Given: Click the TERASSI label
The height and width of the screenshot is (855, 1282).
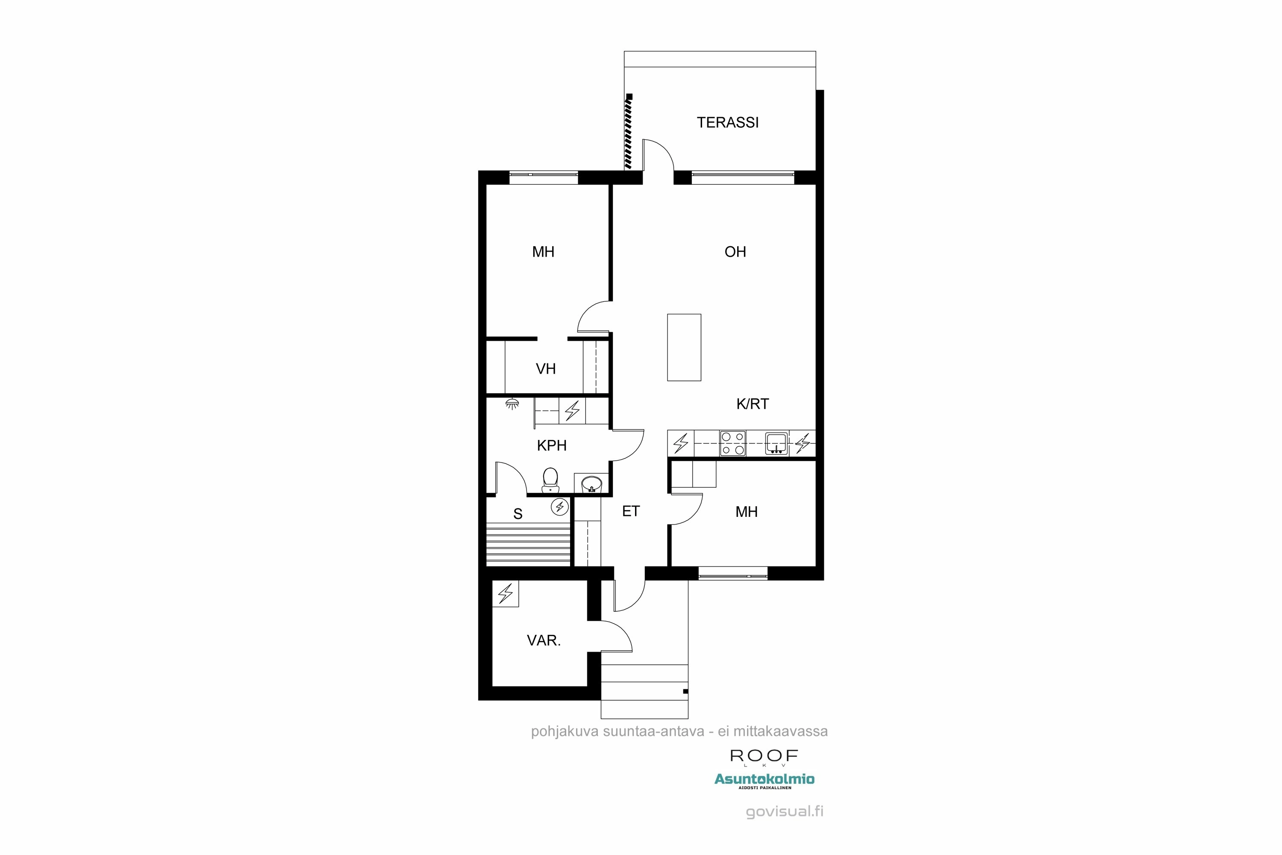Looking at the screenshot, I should click(728, 123).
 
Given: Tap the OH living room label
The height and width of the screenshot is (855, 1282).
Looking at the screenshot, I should click(735, 252).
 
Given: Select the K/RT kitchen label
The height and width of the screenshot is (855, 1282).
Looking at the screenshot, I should click(752, 404).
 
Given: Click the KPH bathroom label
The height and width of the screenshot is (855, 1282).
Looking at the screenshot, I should click(552, 445).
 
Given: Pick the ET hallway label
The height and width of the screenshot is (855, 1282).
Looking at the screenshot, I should click(631, 511).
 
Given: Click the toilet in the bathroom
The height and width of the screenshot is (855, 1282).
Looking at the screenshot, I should click(550, 479).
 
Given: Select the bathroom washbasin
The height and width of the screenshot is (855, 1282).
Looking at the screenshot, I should click(591, 484).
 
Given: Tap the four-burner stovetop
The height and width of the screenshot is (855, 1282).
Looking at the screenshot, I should click(732, 443).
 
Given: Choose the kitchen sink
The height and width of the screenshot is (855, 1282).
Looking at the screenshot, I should click(776, 443).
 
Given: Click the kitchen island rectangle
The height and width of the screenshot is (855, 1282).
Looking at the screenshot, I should click(684, 347).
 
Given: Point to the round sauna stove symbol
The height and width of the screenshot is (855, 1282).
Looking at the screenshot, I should click(560, 507).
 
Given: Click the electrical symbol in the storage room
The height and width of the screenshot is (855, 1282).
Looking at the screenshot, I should click(505, 593).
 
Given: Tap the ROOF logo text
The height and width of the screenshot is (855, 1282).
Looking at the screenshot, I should click(764, 756).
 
